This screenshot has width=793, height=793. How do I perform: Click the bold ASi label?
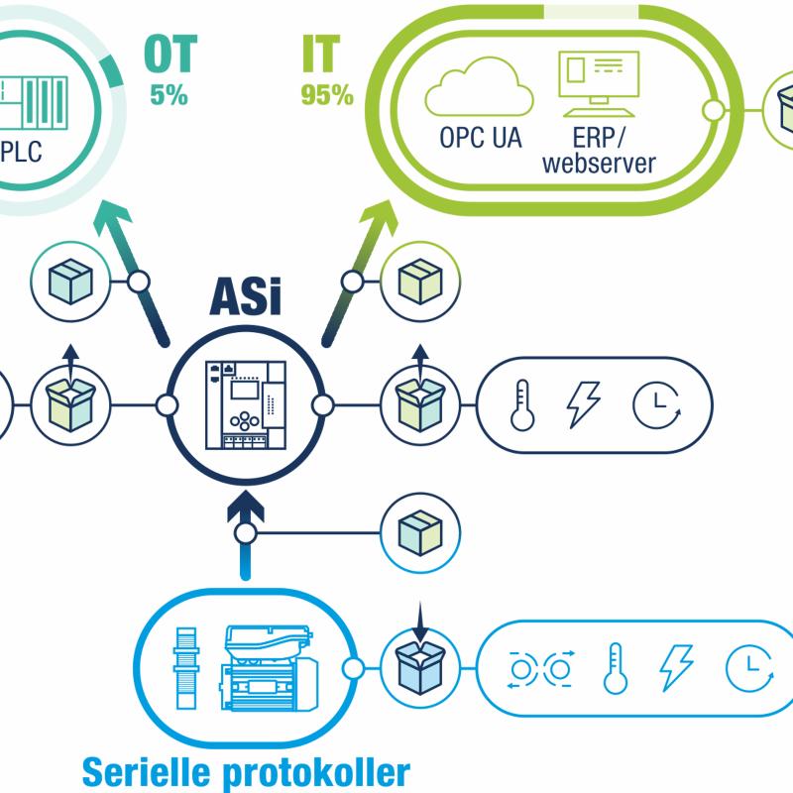[x=245, y=296]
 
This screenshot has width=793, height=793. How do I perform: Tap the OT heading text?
[x=170, y=55]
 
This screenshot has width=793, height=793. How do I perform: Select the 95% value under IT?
[x=327, y=94]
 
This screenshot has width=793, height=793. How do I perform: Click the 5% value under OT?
[x=169, y=94]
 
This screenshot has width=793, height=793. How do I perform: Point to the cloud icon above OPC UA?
[x=479, y=86]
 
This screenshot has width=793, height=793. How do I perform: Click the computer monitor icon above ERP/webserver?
[x=599, y=84]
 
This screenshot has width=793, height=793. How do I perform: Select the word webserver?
[x=599, y=164]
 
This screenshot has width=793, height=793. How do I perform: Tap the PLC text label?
[x=21, y=152]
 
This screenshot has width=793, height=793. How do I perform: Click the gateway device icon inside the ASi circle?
[x=246, y=404]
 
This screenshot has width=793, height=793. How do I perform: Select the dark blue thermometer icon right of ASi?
[x=522, y=405]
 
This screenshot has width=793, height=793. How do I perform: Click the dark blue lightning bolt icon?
[x=583, y=404]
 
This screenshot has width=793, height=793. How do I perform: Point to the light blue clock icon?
[x=749, y=668]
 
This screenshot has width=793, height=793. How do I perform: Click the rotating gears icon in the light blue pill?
[x=540, y=669]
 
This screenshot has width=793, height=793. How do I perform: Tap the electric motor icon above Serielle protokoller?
[x=268, y=668]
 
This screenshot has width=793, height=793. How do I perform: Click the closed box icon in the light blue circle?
[x=420, y=533]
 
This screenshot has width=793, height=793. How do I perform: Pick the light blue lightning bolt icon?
[x=676, y=667]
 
